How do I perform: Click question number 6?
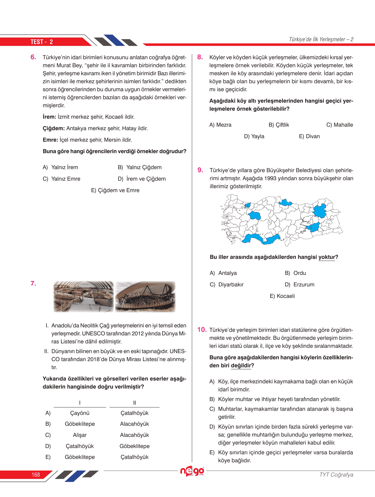pyautogui.click(x=33, y=57)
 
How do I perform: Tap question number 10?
pyautogui.click(x=202, y=330)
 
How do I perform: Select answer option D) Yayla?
pyautogui.click(x=254, y=136)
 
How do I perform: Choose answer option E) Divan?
pyautogui.click(x=309, y=136)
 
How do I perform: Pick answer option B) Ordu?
pyautogui.click(x=295, y=273)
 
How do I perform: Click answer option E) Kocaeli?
pyautogui.click(x=282, y=296)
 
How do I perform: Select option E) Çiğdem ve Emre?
pyautogui.click(x=115, y=190)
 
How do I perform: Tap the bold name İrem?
pyautogui.click(x=49, y=117)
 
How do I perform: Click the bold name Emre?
pyautogui.click(x=50, y=140)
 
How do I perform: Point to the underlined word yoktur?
pyautogui.click(x=327, y=257)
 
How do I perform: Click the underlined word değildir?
pyautogui.click(x=241, y=366)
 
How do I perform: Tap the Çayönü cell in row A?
pyautogui.click(x=80, y=413)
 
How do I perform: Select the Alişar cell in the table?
pyautogui.click(x=80, y=435)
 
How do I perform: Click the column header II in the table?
pyautogui.click(x=135, y=403)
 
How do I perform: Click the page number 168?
pyautogui.click(x=36, y=475)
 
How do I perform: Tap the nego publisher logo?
pyautogui.click(x=192, y=471)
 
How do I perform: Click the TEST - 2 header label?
pyautogui.click(x=42, y=42)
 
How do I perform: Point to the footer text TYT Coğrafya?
pyautogui.click(x=336, y=475)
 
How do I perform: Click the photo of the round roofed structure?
pyautogui.click(x=145, y=297)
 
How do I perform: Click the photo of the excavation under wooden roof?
pyautogui.click(x=83, y=297)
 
